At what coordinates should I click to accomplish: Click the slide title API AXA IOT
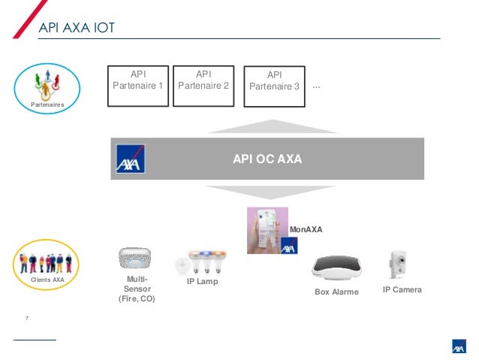[76, 29]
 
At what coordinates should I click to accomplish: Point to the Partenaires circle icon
[47, 88]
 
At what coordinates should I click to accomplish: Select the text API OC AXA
[267, 159]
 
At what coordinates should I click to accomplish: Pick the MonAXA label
[306, 228]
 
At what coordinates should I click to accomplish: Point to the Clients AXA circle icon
[47, 264]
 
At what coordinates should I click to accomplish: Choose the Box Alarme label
[336, 292]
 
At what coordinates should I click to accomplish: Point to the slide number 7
[28, 320]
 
